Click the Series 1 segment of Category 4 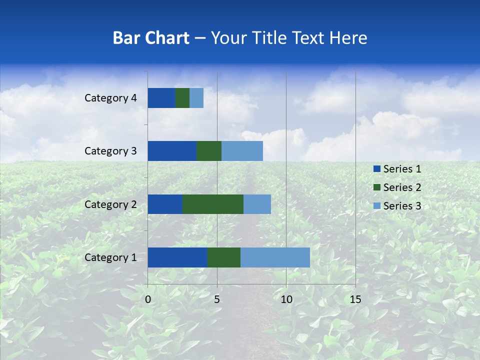click(x=161, y=98)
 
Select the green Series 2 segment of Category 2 click(x=213, y=204)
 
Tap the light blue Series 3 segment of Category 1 click(x=275, y=257)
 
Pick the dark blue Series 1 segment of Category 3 click(x=172, y=151)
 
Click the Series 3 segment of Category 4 click(x=196, y=98)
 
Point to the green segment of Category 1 click(x=224, y=257)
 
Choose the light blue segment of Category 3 click(x=242, y=151)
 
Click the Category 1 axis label click(x=110, y=257)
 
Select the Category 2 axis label click(x=110, y=204)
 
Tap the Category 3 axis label click(x=110, y=151)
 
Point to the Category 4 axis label click(x=110, y=98)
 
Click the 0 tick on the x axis click(x=148, y=299)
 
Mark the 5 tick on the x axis click(x=217, y=299)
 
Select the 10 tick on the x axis click(x=286, y=299)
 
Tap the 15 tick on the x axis click(x=355, y=299)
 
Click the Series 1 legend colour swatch click(x=376, y=169)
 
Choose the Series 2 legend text click(x=402, y=187)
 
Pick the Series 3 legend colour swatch click(x=376, y=206)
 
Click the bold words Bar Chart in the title click(x=151, y=38)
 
